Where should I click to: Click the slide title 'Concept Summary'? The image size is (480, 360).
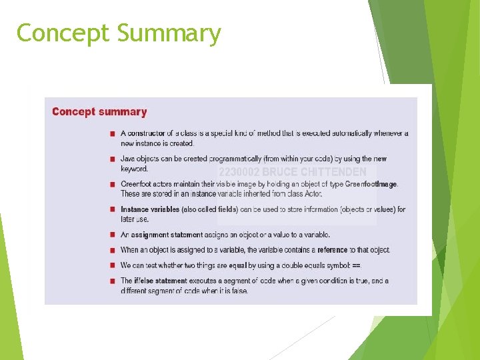tap(119, 33)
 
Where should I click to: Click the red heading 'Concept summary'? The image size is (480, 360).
tap(99, 112)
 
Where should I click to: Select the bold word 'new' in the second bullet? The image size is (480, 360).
tap(379, 159)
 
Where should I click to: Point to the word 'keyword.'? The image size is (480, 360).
tap(135, 169)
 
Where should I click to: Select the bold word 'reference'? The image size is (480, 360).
tap(333, 250)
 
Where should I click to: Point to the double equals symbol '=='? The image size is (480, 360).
tap(355, 265)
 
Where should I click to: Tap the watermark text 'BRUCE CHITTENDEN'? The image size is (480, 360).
tap(314, 172)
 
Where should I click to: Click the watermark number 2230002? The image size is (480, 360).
tap(239, 172)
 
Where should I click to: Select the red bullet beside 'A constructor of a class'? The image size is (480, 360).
tap(113, 134)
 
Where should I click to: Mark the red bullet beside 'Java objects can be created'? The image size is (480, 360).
tap(113, 159)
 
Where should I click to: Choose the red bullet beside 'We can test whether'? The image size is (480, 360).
tap(113, 265)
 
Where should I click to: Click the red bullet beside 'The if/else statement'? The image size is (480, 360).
tap(113, 281)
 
